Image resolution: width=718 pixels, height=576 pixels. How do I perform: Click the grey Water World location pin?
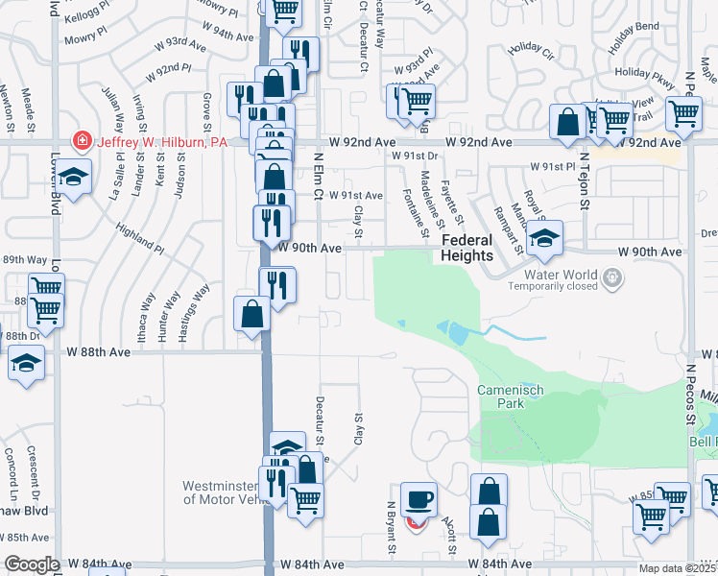[x=614, y=278]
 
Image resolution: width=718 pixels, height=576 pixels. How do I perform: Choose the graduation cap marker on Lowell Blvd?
[x=71, y=177]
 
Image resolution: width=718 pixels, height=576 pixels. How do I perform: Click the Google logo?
[x=32, y=564]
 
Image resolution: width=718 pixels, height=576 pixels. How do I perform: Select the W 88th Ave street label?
[x=98, y=352]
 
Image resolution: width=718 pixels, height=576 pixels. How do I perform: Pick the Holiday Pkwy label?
[x=645, y=72]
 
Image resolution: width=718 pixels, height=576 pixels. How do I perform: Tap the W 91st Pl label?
[x=557, y=166]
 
